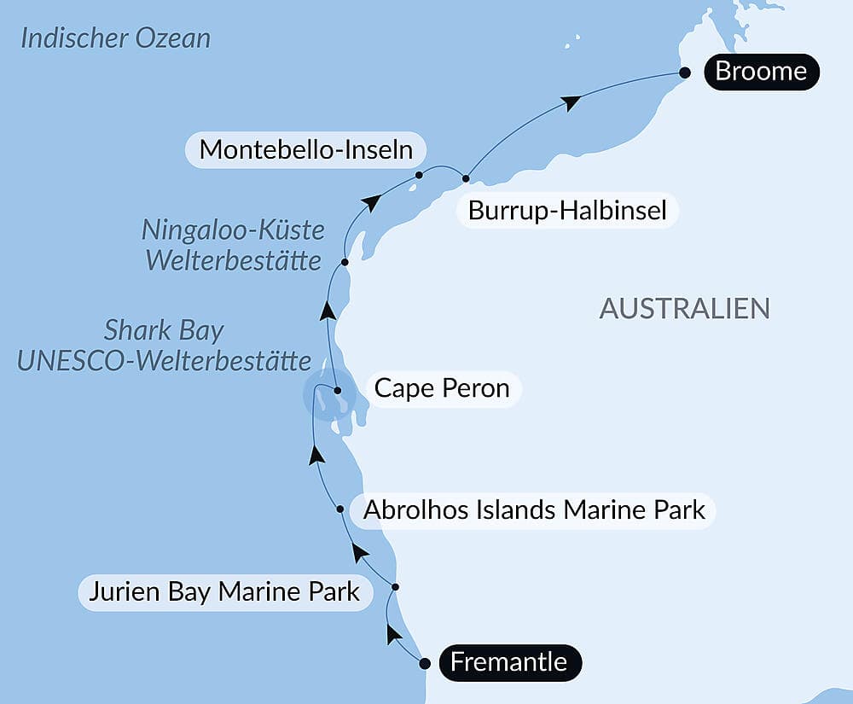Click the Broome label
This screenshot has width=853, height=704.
(761, 71)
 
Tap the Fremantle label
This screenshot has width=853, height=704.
(508, 662)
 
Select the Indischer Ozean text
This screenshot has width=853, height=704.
(115, 38)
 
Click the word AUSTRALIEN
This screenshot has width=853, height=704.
(684, 308)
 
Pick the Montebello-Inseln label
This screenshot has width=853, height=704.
(305, 150)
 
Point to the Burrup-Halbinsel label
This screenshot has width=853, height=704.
(567, 210)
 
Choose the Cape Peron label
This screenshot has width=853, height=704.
(442, 389)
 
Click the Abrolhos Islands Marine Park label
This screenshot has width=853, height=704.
(534, 510)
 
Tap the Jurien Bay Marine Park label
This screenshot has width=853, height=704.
(225, 591)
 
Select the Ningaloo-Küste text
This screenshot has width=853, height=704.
(233, 230)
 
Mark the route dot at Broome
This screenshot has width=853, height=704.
(684, 73)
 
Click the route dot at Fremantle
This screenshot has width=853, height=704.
(425, 662)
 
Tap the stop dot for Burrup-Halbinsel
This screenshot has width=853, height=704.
(466, 178)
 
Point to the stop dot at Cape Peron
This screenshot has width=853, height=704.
(338, 391)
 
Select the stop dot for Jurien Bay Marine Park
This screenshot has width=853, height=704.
(395, 587)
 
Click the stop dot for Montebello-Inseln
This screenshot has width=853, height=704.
(419, 175)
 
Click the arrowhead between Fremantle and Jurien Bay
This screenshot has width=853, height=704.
(392, 633)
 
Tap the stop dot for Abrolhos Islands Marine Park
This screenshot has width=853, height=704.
(340, 509)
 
